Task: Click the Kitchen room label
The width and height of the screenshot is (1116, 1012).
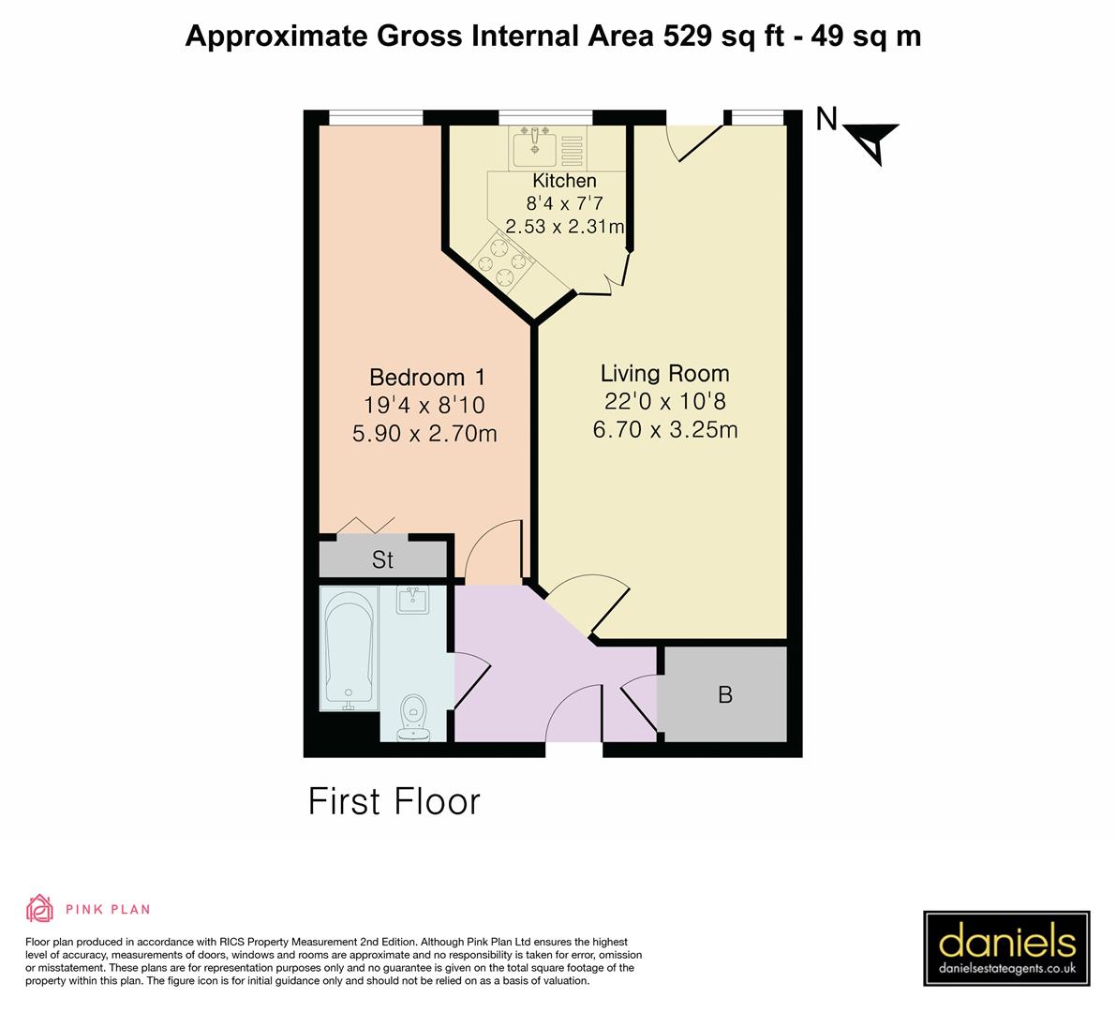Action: click(x=564, y=181)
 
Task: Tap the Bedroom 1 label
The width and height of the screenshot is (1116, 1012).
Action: click(x=428, y=378)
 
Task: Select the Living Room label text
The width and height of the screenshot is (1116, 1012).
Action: click(x=664, y=374)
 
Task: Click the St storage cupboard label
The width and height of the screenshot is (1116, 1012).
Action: click(x=382, y=560)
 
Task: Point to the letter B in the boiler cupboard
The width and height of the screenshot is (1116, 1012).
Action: click(x=724, y=695)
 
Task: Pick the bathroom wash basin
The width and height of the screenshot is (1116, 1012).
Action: click(x=413, y=600)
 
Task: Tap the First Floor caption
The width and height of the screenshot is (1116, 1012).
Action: click(x=394, y=802)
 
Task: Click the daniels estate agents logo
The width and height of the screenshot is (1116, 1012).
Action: click(x=1006, y=947)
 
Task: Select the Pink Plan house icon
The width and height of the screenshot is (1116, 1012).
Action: click(x=39, y=908)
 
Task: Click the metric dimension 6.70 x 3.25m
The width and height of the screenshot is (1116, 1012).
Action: click(x=665, y=430)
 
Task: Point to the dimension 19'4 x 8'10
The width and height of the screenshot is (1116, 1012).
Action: click(x=424, y=406)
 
